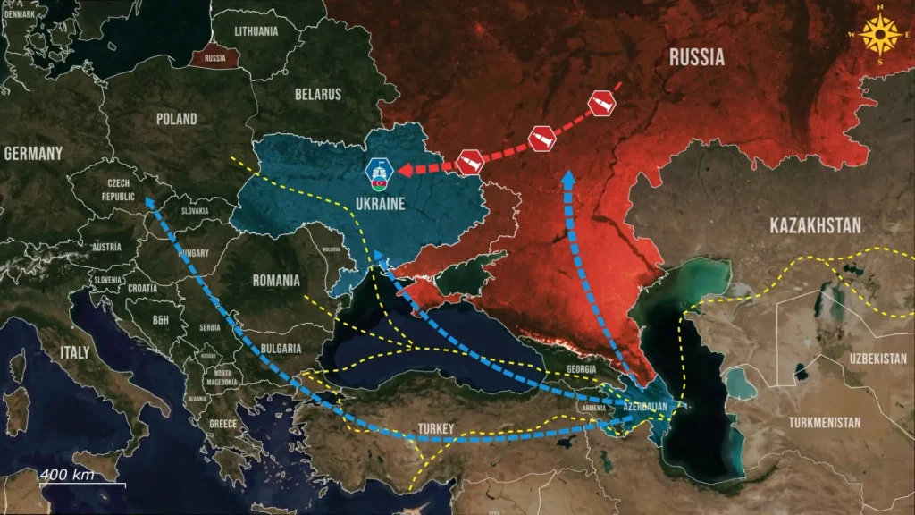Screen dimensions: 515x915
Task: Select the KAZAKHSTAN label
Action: click(816, 225)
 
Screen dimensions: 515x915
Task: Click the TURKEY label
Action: click(436, 429)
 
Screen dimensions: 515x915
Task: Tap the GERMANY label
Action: click(33, 154)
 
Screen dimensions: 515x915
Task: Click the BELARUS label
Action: click(319, 94)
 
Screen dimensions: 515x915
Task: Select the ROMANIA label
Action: click(276, 280)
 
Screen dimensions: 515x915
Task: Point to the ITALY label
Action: click(75, 352)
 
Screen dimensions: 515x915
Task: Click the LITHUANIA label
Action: click(256, 31)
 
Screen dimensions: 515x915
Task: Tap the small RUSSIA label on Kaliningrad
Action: click(214, 59)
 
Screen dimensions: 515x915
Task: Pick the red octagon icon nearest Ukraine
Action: click(470, 163)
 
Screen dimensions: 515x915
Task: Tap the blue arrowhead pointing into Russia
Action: click(566, 177)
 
